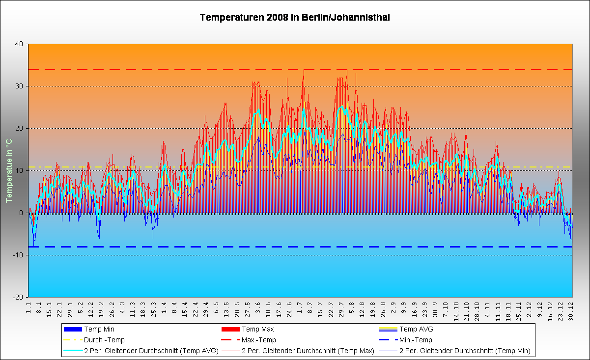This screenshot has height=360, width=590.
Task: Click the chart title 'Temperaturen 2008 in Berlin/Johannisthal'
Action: tap(295, 18)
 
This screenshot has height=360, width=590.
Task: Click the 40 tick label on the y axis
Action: tap(19, 44)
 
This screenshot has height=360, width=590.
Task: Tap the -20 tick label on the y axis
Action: tap(18, 297)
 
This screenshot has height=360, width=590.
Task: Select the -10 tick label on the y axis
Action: tap(18, 255)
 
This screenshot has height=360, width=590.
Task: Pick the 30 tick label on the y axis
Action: tap(19, 86)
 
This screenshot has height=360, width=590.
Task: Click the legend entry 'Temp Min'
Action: tap(99, 329)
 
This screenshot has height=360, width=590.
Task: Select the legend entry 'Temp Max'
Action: tap(257, 329)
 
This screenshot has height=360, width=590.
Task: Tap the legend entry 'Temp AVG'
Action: tap(417, 329)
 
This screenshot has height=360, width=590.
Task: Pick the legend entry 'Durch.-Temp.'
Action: tap(105, 340)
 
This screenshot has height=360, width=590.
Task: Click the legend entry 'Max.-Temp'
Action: tap(259, 340)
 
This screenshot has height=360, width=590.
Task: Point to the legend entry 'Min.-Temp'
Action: tap(416, 340)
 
